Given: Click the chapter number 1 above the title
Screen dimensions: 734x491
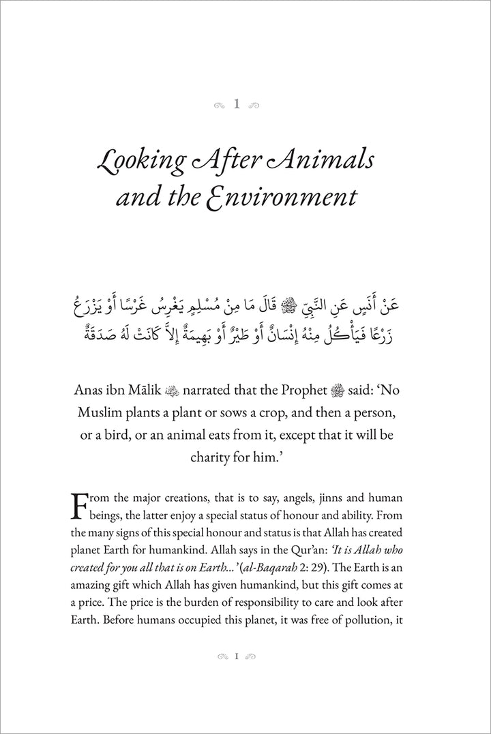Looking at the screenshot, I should pyautogui.click(x=236, y=104).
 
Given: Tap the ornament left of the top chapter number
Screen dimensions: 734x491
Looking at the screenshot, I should pyautogui.click(x=218, y=105).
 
